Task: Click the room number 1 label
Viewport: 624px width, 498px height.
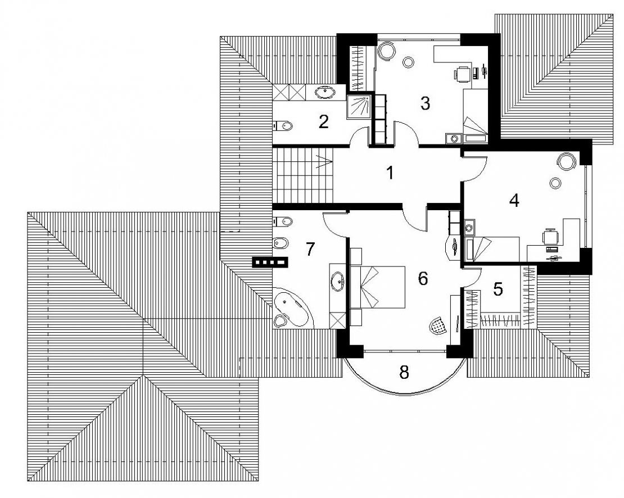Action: click(390, 173)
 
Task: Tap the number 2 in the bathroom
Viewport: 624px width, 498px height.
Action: click(324, 122)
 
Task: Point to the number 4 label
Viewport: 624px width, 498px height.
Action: click(514, 200)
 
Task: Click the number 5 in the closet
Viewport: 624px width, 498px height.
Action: click(498, 289)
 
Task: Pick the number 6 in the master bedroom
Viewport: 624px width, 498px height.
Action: click(423, 278)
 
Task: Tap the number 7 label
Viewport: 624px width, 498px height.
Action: click(310, 249)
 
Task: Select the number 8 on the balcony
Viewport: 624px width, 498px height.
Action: click(404, 372)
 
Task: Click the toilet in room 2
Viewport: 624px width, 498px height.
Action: click(283, 126)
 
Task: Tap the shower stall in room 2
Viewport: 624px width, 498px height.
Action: click(359, 106)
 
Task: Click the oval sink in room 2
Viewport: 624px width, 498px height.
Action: click(325, 92)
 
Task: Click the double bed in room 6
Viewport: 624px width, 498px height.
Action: click(377, 287)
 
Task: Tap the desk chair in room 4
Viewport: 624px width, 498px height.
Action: click(550, 237)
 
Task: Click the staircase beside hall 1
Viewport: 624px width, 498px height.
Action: click(303, 175)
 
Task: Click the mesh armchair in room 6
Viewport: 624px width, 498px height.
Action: click(438, 326)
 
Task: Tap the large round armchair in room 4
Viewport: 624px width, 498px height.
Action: click(566, 162)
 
